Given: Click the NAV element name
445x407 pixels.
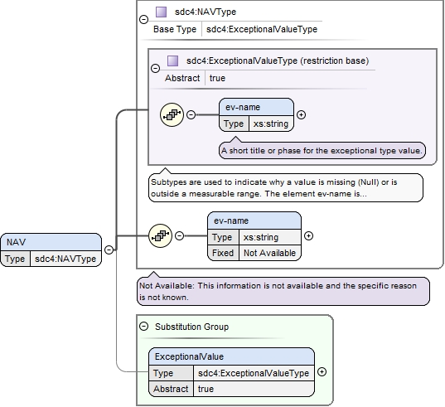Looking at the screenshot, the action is (x=17, y=242).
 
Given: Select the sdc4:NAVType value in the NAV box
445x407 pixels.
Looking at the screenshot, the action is (x=65, y=259).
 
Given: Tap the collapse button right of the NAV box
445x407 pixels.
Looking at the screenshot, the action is (x=109, y=250).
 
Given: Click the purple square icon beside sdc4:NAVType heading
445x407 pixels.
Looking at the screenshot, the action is (x=162, y=12).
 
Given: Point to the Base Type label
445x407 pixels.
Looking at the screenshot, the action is (x=175, y=29).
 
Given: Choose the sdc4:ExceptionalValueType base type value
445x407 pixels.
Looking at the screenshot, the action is (x=262, y=29).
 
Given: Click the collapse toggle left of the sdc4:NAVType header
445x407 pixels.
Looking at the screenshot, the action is (x=144, y=19).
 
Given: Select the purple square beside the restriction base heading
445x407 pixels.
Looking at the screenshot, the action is (x=173, y=61).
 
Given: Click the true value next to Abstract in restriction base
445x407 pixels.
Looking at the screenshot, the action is (x=217, y=78).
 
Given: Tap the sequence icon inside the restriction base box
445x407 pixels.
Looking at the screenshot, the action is (x=172, y=114).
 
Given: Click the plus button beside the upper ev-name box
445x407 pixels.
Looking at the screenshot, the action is (x=301, y=114).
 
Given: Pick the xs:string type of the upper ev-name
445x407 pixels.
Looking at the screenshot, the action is (x=271, y=124).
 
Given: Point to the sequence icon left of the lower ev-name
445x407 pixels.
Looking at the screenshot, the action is (x=160, y=235).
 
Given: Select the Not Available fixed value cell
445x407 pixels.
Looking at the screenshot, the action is (x=269, y=253).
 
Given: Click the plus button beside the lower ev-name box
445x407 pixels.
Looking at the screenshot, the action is (x=308, y=236).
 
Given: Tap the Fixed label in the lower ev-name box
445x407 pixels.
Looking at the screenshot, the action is (x=223, y=253).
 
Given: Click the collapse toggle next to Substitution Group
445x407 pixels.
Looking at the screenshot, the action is (x=144, y=327).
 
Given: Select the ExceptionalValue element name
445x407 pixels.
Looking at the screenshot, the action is (x=189, y=356).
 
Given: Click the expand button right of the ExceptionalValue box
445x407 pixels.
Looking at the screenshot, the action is (x=322, y=372).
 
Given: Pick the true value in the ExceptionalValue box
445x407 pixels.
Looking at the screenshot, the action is (x=206, y=389).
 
